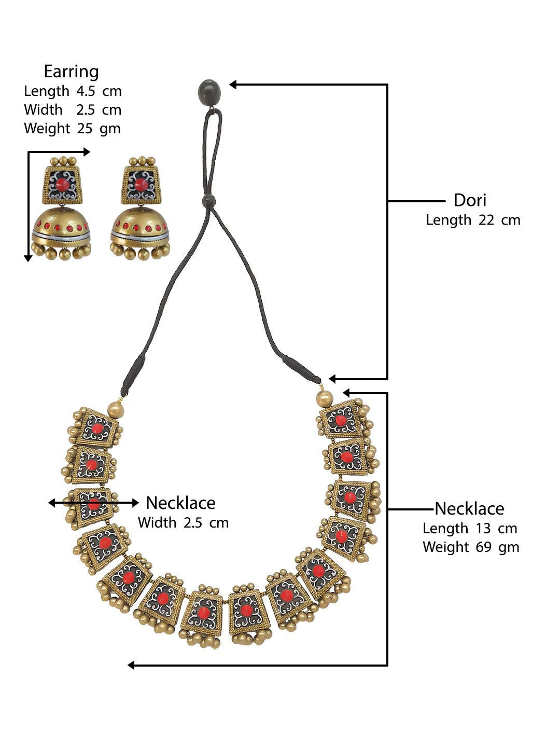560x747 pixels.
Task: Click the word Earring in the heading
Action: (x=71, y=72)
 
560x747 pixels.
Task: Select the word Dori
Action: (x=470, y=200)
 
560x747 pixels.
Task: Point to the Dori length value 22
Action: (x=486, y=220)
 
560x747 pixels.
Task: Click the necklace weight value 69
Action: (x=482, y=547)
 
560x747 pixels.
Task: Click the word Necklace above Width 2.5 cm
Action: (x=180, y=503)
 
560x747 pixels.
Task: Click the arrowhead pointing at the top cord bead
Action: (x=233, y=85)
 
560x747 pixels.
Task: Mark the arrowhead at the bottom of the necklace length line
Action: (x=132, y=665)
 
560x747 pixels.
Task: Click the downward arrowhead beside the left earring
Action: (x=28, y=258)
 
